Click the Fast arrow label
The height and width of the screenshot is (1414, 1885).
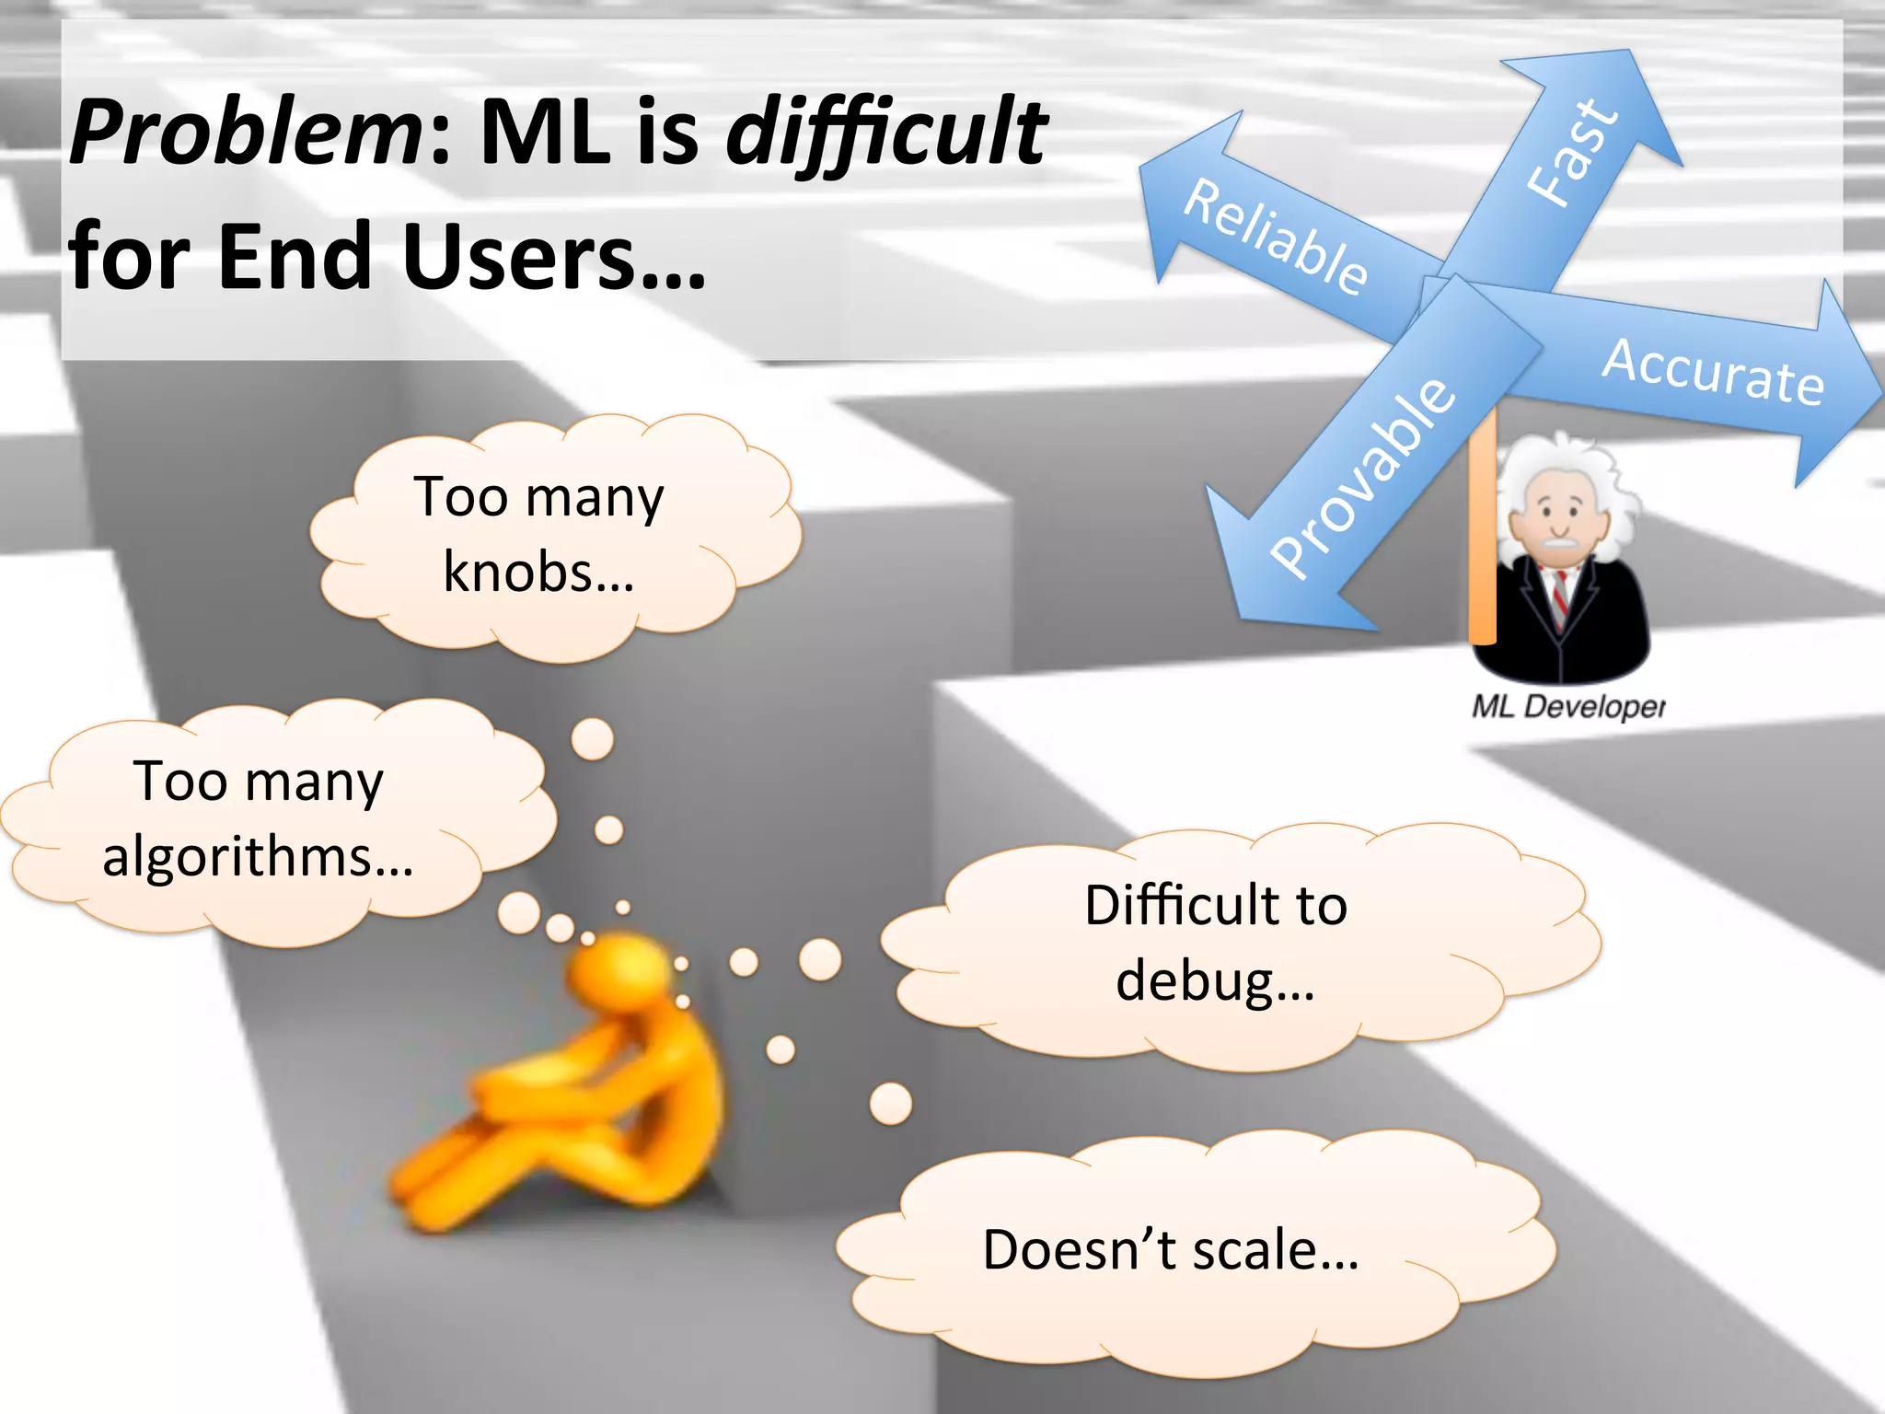click(x=1572, y=152)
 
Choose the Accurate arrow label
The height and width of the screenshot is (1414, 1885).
click(x=1713, y=372)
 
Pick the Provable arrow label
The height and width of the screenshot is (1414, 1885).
click(x=1363, y=477)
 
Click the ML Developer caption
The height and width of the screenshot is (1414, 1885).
click(x=1567, y=707)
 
